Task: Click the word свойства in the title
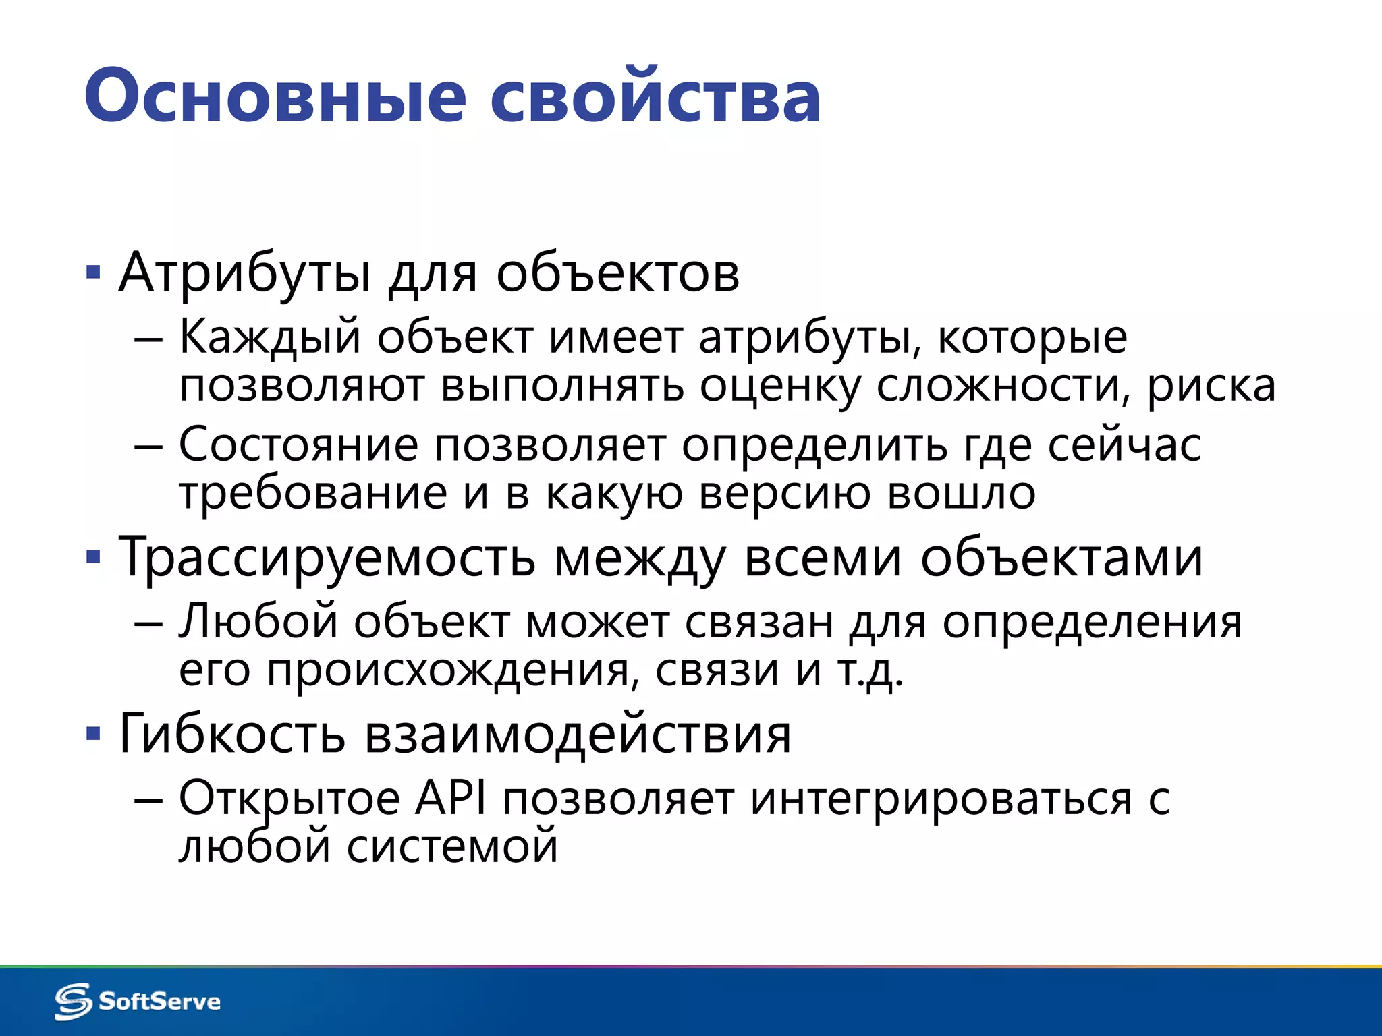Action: (655, 96)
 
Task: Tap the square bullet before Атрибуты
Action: (94, 273)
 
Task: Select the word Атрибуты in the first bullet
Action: (244, 273)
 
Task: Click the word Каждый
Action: (271, 337)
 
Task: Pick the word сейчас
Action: (1124, 445)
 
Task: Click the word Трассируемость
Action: (327, 558)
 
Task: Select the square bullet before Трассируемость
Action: (94, 558)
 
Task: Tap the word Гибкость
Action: (232, 733)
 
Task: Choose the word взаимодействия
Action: (578, 735)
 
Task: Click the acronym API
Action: (451, 799)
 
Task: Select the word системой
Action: (452, 846)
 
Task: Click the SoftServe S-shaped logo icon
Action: (73, 1001)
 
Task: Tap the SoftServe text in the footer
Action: (160, 1002)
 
